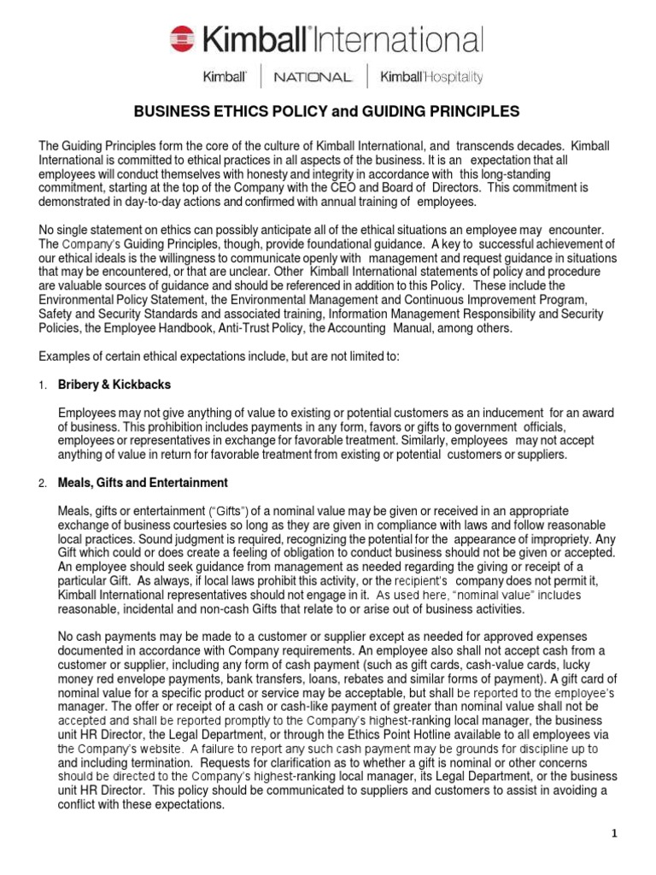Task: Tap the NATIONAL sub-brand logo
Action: tap(312, 77)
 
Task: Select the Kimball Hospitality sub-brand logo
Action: tap(431, 77)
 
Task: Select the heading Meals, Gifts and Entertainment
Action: tap(142, 483)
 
